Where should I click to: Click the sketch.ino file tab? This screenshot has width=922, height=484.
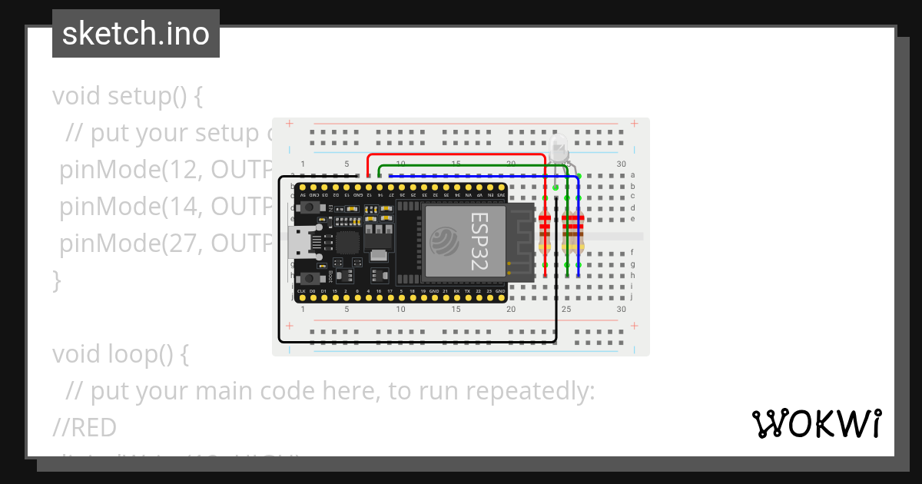pos(136,34)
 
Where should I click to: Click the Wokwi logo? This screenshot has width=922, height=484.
pos(816,424)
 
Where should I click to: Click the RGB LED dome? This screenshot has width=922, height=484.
pos(559,145)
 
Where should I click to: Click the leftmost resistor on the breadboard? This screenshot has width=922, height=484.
pos(545,229)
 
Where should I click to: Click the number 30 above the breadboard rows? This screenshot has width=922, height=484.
pos(621,164)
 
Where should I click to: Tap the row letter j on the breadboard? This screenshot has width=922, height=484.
pos(632,297)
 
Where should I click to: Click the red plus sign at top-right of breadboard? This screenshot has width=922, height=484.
pos(634,124)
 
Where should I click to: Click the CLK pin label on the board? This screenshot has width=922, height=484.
pos(301,292)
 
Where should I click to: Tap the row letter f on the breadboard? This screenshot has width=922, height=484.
pos(632,253)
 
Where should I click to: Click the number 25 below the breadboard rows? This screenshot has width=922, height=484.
pos(566,309)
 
